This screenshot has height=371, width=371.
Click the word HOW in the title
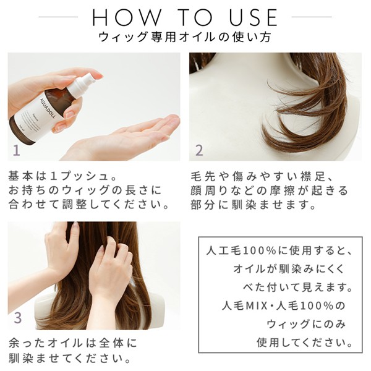(126, 17)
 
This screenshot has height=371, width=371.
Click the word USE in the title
(254, 17)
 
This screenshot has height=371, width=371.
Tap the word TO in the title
(195, 17)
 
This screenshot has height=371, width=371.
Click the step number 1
(16, 150)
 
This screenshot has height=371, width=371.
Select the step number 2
(199, 150)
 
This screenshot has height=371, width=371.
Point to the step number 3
(18, 318)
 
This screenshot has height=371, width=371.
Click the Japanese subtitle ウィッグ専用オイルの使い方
(184, 37)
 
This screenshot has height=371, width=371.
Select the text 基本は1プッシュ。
(62, 176)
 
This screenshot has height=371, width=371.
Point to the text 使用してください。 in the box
(305, 342)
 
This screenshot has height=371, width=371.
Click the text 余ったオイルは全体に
(73, 343)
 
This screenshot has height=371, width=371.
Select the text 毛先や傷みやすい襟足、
(262, 176)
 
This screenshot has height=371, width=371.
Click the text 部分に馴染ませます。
(253, 205)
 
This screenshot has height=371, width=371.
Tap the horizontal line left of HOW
(58, 17)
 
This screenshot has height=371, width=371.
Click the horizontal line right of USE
(312, 17)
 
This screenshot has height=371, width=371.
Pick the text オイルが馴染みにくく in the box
(289, 269)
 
